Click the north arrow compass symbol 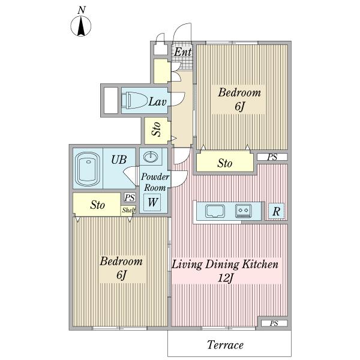(x=80, y=26)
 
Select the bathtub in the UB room (x=88, y=169)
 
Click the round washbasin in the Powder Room (x=151, y=157)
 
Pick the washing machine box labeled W (x=152, y=202)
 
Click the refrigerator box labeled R (x=277, y=211)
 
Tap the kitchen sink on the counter (x=215, y=211)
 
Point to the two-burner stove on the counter (x=244, y=211)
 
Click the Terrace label (x=225, y=345)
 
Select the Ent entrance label (x=182, y=52)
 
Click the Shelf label (x=128, y=210)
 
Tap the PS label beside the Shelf (x=130, y=197)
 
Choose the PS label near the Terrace (x=274, y=323)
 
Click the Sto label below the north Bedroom (x=225, y=163)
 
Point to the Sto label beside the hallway (x=157, y=129)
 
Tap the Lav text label (x=157, y=101)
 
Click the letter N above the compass (x=82, y=10)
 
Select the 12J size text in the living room (x=226, y=278)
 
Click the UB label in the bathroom (x=119, y=160)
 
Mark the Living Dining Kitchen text (x=225, y=265)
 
